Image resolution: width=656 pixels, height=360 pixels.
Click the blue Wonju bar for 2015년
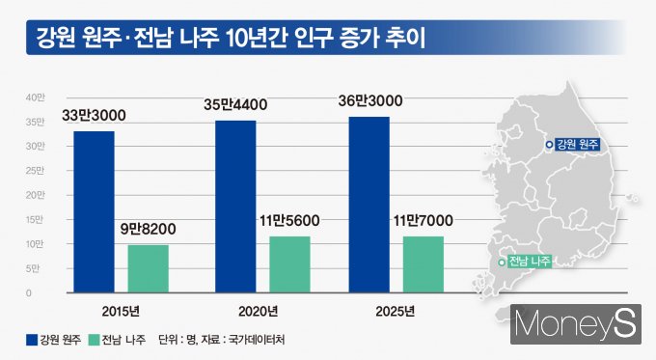(93, 210)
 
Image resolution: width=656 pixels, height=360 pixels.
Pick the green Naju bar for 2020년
(290, 263)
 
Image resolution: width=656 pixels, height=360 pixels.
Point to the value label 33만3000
(94, 116)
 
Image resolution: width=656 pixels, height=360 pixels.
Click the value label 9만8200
(148, 231)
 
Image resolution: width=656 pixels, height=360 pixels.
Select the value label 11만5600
(290, 221)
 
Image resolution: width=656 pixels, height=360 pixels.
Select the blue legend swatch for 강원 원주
(31, 341)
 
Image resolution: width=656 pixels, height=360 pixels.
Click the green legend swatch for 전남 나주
(94, 341)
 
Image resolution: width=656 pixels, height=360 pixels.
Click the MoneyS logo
(575, 322)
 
